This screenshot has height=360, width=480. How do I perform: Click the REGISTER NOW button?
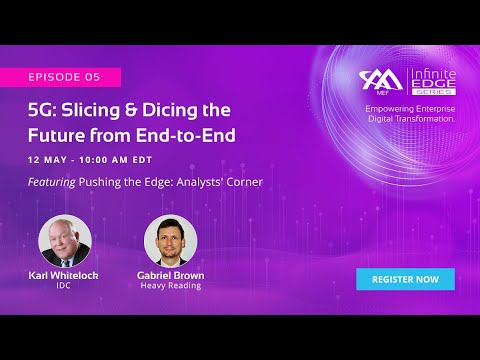click(405, 279)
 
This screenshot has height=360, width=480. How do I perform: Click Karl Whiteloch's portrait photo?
click(64, 240)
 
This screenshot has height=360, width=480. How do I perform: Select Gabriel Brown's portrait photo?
click(170, 240)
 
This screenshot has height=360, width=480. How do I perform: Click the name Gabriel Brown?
click(170, 275)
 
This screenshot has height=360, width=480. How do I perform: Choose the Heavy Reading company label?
click(170, 286)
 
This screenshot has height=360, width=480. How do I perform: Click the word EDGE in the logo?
click(432, 86)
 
